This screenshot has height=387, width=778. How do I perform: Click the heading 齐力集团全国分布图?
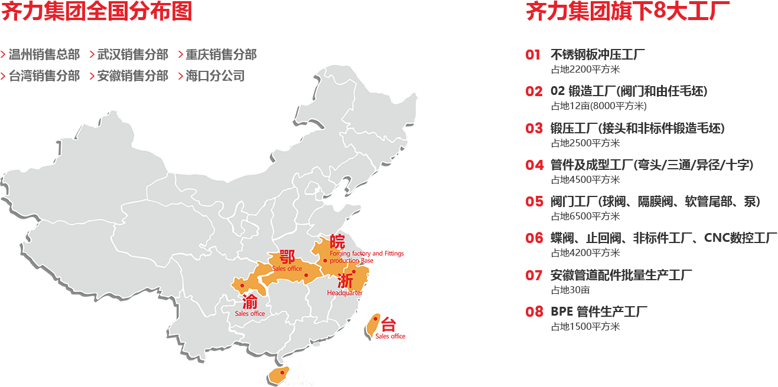97,12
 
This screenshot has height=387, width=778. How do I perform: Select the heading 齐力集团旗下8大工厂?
627,12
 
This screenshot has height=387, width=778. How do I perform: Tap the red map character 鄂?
287,257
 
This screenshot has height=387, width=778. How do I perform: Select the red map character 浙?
345,281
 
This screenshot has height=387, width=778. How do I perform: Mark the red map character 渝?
250,301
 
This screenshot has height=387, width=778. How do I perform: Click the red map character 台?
388,324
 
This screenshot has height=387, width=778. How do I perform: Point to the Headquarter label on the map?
344,293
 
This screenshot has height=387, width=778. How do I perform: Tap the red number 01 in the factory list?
533,55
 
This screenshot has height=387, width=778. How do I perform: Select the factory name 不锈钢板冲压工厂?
597,55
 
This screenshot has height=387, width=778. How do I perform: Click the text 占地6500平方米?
585,216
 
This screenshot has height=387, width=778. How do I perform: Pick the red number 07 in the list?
533,275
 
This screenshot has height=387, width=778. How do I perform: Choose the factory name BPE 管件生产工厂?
599,311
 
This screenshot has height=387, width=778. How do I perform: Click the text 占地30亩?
570,290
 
